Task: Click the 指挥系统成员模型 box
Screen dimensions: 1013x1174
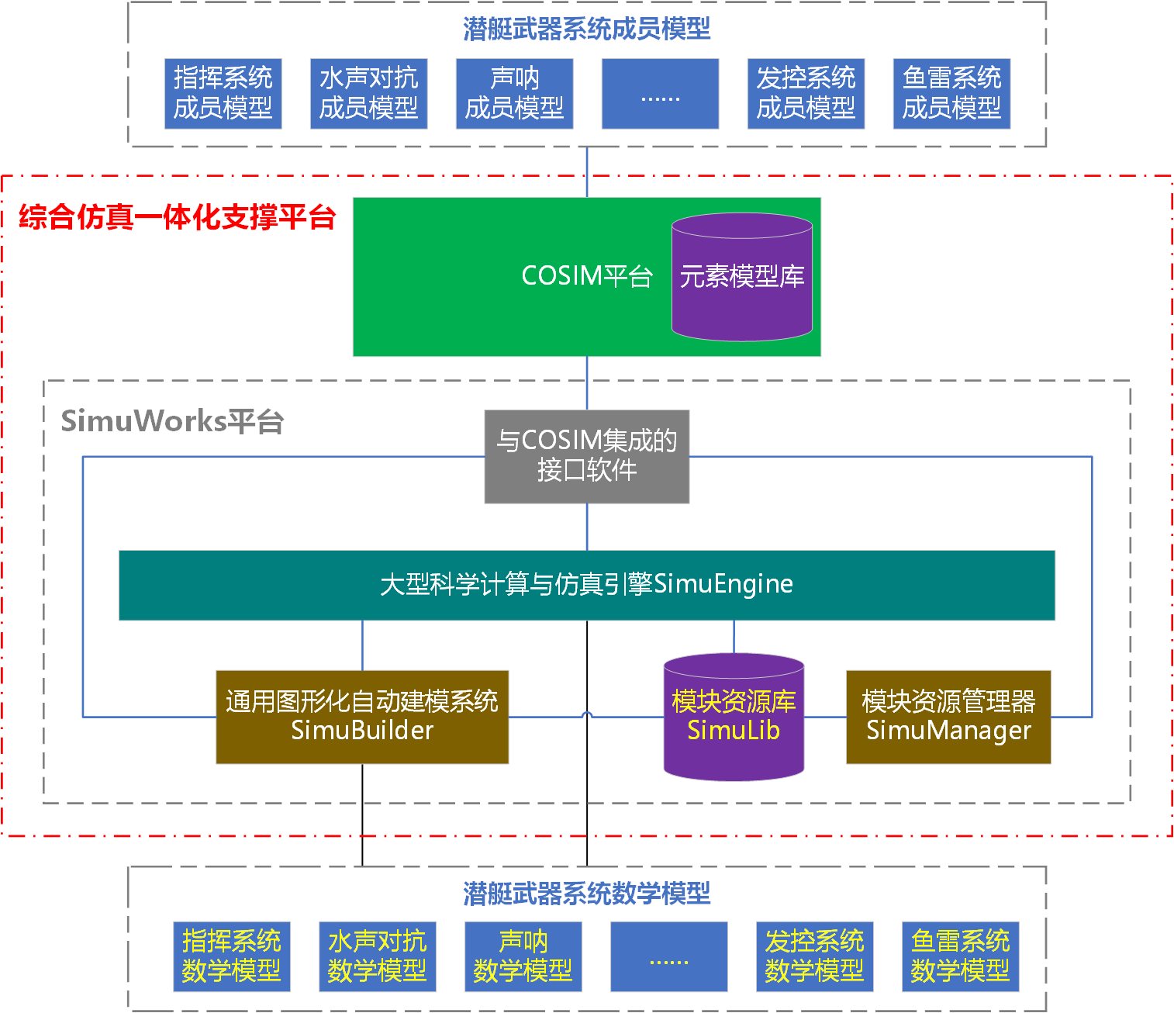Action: point(223,93)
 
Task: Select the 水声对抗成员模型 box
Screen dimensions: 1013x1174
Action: point(369,93)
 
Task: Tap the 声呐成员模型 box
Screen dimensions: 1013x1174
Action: point(515,93)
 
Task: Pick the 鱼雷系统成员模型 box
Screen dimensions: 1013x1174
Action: point(952,93)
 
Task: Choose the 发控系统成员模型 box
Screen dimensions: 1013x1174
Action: point(806,93)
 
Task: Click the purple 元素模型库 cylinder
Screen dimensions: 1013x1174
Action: point(742,277)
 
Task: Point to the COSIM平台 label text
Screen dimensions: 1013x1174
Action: point(587,276)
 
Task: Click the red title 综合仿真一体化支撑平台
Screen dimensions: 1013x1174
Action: point(178,216)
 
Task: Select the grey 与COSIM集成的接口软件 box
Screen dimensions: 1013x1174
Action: point(587,456)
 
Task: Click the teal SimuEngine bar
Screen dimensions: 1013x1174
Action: point(587,585)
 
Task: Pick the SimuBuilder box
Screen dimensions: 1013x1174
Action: point(362,717)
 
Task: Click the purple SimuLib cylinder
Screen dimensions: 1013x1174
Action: point(734,717)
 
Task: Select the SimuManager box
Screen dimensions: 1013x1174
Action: point(948,717)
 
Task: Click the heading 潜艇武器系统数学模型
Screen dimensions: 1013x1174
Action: point(587,894)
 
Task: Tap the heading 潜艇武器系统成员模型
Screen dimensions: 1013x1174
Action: point(587,29)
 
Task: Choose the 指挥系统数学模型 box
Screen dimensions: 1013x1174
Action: point(232,956)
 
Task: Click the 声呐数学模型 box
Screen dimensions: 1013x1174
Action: point(523,956)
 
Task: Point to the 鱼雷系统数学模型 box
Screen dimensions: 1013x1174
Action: point(961,956)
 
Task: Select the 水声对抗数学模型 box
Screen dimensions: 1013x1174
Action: point(378,956)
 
